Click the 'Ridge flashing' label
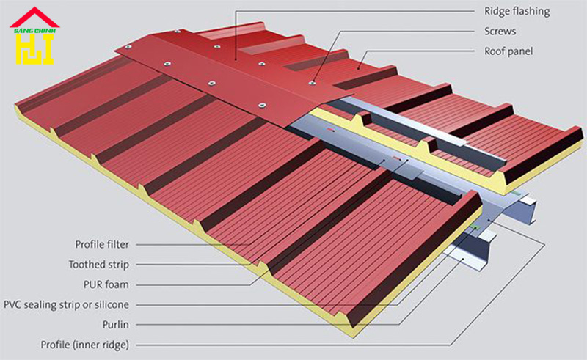coord(517,11)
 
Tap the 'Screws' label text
coord(500,31)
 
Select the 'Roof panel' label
coord(508,51)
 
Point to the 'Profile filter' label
coord(102,244)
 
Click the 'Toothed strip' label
coord(99,265)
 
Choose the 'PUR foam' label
coord(106,284)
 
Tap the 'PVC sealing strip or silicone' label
coord(66,305)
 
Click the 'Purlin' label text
coord(116,325)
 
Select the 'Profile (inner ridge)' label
coord(85,345)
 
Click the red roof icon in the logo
coord(34,17)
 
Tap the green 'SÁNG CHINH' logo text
coord(34,31)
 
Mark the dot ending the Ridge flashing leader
coord(236,59)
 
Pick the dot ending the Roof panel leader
coord(358,68)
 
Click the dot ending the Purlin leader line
coord(463,259)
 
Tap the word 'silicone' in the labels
coord(112,304)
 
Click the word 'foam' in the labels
coord(116,284)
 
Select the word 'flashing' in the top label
coord(531,12)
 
